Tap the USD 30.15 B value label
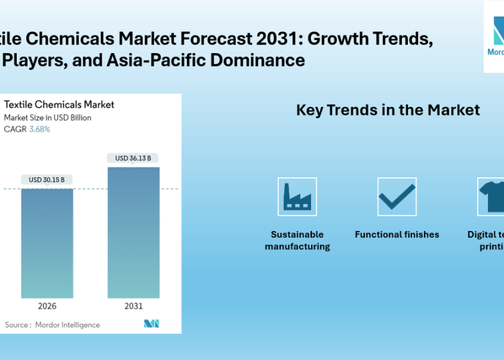[47, 180]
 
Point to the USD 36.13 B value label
[133, 159]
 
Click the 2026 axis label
[47, 306]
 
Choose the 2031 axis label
[133, 306]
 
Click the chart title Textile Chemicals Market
[59, 104]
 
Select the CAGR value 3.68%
[39, 129]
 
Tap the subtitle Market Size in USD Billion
[48, 118]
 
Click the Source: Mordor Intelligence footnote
[52, 325]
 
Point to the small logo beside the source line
[151, 324]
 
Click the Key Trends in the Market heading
[388, 110]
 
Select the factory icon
[297, 197]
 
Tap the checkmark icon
[396, 197]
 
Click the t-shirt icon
[491, 197]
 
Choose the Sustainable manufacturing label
[297, 240]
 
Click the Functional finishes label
[396, 234]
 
